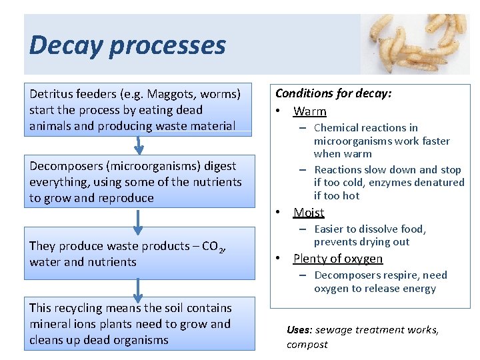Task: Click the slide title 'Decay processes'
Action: [127, 45]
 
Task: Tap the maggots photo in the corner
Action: [415, 44]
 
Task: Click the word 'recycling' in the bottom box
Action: [82, 308]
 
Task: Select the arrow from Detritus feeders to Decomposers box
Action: [138, 145]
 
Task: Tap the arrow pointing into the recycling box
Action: [138, 288]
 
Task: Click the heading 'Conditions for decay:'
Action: [333, 93]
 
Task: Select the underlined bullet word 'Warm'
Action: [310, 111]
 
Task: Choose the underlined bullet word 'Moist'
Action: [309, 213]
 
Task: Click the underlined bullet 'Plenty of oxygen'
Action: [338, 259]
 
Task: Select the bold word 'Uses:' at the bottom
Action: [299, 330]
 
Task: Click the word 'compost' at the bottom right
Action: [307, 345]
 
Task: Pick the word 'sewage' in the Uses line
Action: [331, 330]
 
